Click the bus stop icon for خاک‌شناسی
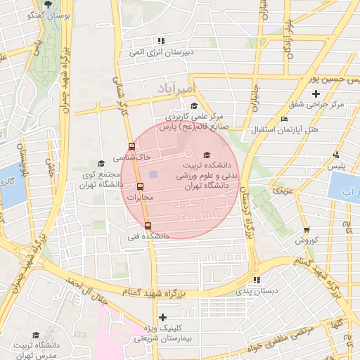[x=131, y=147]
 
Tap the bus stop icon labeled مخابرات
[x=140, y=187]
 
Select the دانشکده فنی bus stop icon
[x=148, y=226]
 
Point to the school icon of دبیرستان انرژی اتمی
[x=161, y=41]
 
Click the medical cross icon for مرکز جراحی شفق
[x=316, y=94]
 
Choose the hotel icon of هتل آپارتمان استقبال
[x=284, y=119]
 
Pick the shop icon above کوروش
[x=307, y=230]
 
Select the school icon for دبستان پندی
[x=256, y=279]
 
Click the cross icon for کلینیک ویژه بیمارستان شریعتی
[x=163, y=317]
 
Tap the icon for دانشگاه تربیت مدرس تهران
[x=36, y=335]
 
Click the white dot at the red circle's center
[x=188, y=153]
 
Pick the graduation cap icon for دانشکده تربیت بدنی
[x=206, y=155]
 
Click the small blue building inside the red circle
[x=153, y=174]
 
